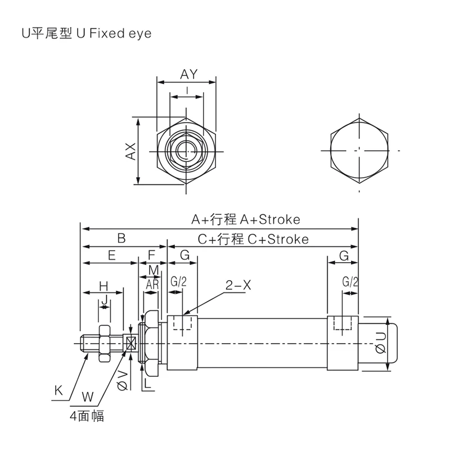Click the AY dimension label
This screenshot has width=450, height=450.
[x=189, y=74]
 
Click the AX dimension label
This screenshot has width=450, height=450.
[x=131, y=151]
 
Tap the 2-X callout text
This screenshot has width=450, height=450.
[x=238, y=285]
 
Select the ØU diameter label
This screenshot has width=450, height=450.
[x=381, y=343]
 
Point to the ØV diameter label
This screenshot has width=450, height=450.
[x=123, y=380]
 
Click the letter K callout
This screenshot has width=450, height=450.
[x=58, y=390]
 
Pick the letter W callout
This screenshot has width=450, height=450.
[x=88, y=397]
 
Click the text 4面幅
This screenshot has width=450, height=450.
[x=87, y=416]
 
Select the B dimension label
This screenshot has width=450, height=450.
[x=121, y=238]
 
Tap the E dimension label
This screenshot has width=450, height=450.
[x=111, y=255]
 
